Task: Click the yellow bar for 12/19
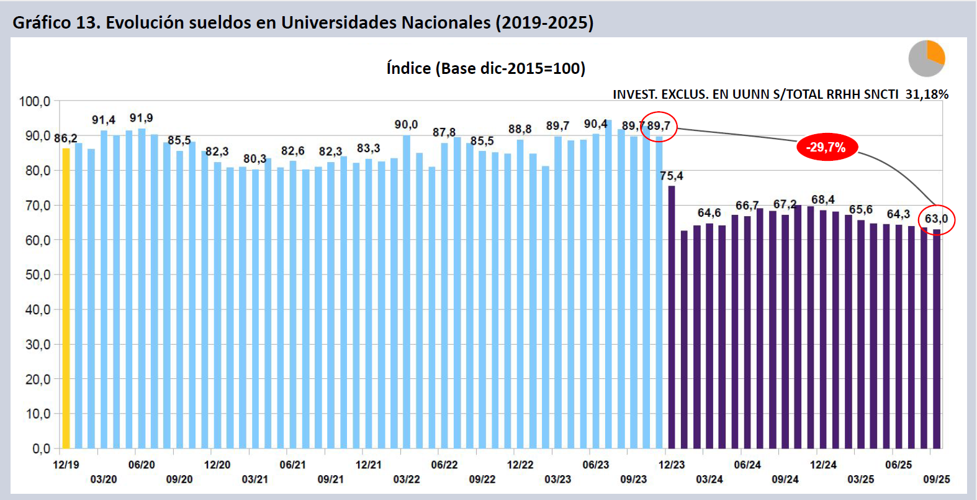coord(66,298)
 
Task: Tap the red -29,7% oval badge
coord(826,148)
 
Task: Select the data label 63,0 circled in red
coord(936,219)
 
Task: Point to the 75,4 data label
coord(672,176)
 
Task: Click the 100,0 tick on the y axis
coord(35,101)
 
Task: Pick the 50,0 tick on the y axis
coord(37,275)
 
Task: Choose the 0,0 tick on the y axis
coord(41,448)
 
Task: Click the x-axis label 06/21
coord(292,465)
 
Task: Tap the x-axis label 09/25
coord(936,480)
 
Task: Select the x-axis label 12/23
coord(672,465)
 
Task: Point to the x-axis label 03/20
coord(104,480)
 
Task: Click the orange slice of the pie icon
coord(935,53)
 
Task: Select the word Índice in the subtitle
coord(408,68)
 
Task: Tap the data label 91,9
coord(141,118)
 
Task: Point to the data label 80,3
coord(254,159)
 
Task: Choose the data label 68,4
coord(822,199)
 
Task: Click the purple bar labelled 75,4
coord(672,317)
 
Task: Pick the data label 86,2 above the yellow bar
coord(66,138)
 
